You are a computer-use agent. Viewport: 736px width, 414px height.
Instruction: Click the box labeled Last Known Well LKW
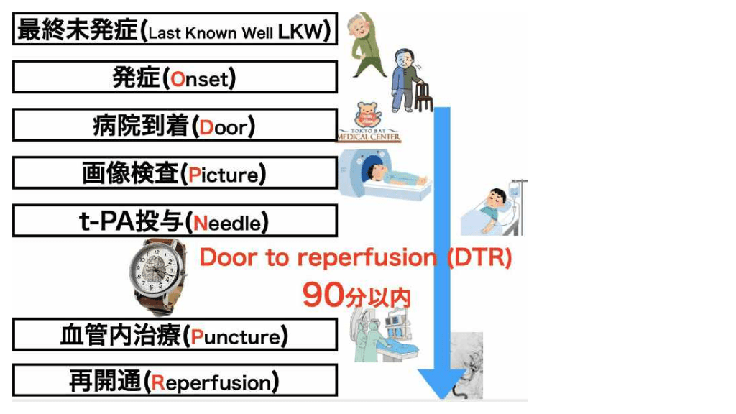[175, 31]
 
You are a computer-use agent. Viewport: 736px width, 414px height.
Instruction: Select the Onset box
[175, 78]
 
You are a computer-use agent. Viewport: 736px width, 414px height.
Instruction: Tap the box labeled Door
[175, 126]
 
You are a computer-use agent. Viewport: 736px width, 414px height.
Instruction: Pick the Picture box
[175, 174]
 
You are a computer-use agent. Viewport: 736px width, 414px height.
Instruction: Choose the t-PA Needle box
[175, 221]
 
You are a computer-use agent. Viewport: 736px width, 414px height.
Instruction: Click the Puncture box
[175, 336]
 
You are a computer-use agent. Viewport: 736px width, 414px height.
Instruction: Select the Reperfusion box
[175, 381]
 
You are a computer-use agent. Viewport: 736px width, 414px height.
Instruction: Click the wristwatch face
[159, 272]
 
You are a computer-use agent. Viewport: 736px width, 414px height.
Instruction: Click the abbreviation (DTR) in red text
[479, 257]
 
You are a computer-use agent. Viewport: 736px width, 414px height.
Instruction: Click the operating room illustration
[385, 334]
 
